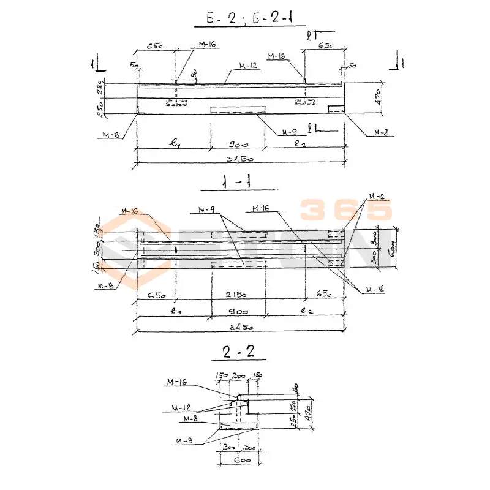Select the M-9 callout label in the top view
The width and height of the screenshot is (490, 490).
(x=288, y=132)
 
